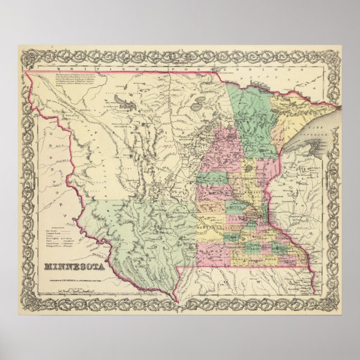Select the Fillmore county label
tap(291, 260)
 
